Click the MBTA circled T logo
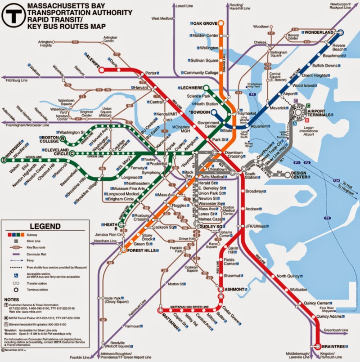pyautogui.click(x=13, y=15)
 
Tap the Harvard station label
pyautogui.click(x=141, y=88)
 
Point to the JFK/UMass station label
pyautogui.click(x=254, y=226)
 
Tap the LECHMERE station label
pyautogui.click(x=192, y=87)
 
